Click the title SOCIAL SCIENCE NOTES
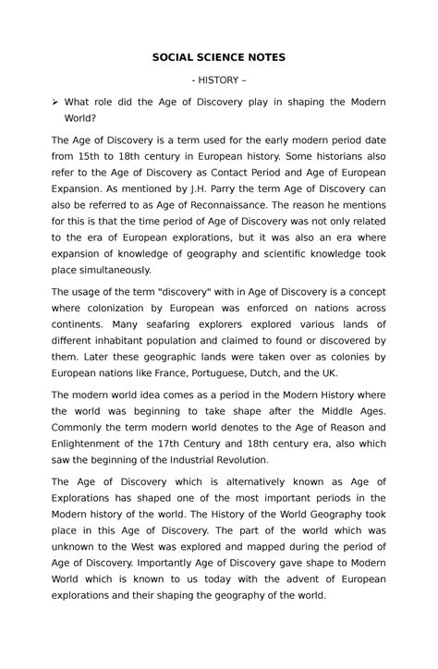tap(219, 57)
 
